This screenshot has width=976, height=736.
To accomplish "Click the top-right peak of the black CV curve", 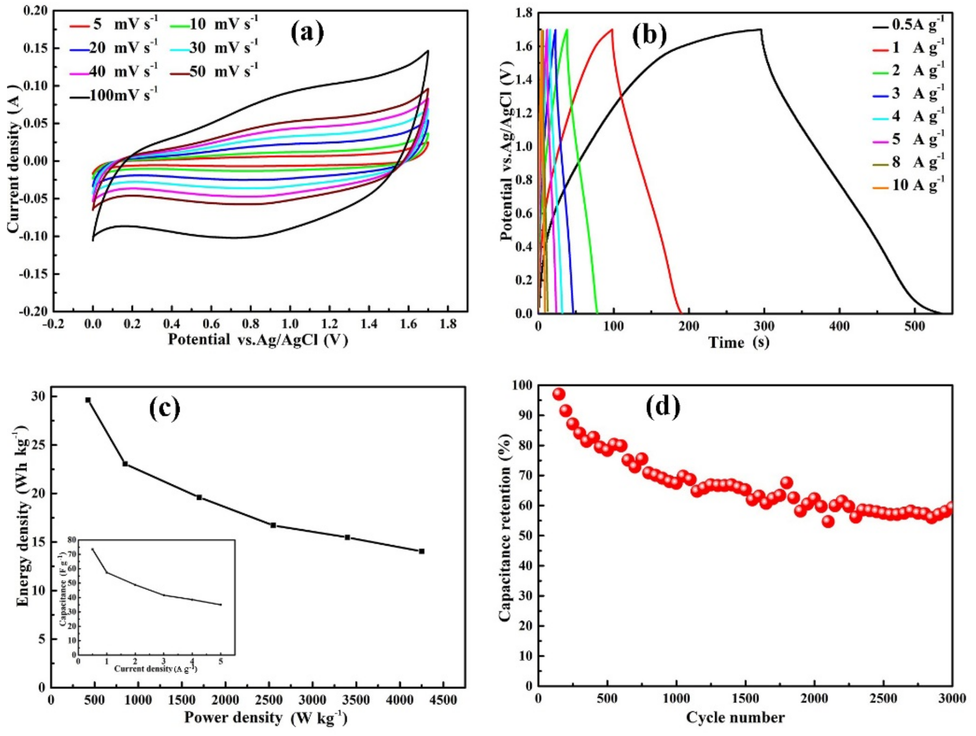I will pos(428,51).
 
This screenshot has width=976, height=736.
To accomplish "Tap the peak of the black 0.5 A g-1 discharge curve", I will pos(761,30).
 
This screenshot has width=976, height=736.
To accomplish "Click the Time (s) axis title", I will pos(739,342).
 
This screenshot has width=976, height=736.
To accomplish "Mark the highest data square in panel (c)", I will pos(88,400).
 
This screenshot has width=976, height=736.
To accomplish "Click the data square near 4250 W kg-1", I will pos(421,551).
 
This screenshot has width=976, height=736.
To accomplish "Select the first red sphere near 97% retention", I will pos(559,394).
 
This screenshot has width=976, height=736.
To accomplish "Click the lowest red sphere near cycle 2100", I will pos(828,521).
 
